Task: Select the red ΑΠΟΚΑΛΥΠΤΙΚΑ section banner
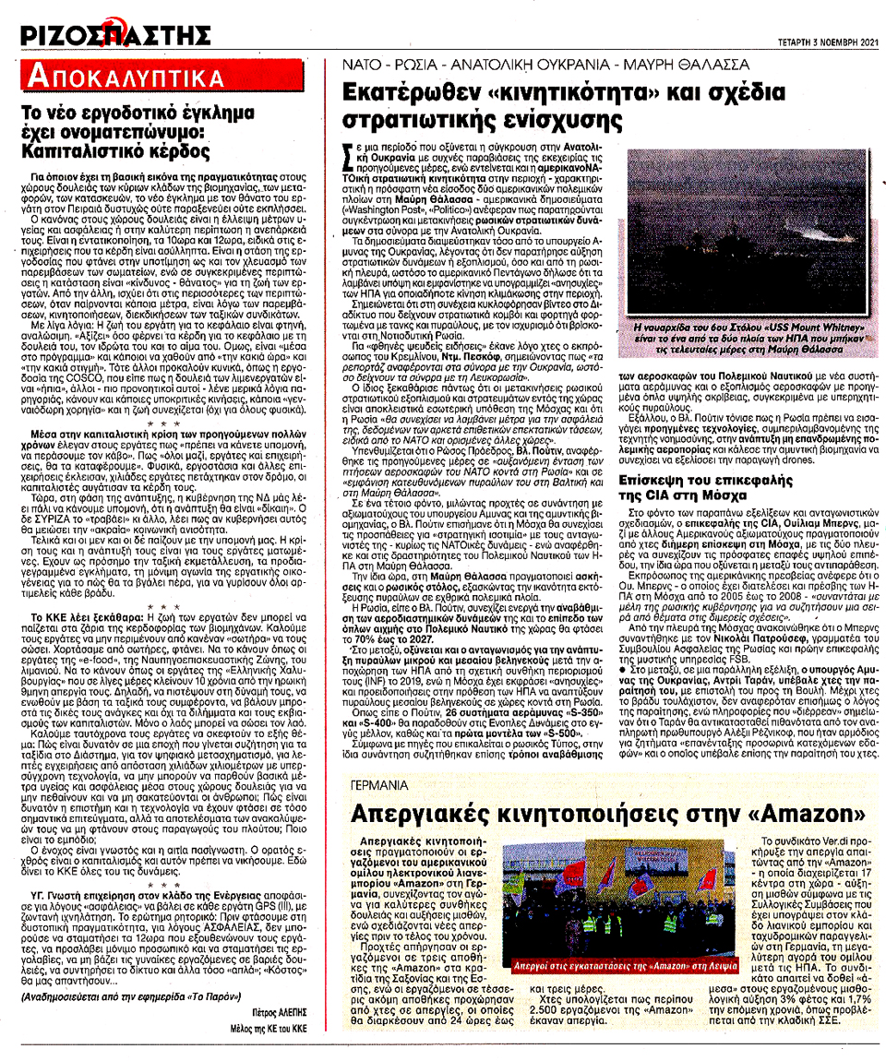126,76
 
